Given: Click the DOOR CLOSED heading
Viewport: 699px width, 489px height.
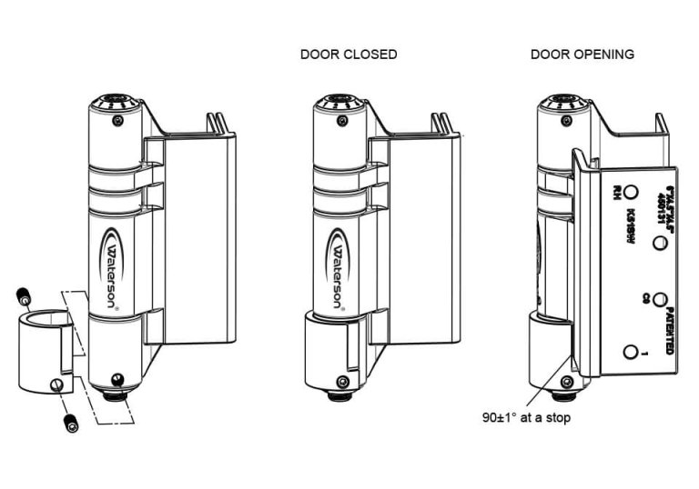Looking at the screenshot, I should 349,55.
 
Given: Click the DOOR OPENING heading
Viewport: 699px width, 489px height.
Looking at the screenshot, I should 582,55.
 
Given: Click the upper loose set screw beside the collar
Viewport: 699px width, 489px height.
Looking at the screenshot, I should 24,296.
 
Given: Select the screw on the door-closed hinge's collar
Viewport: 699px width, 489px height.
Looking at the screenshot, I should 342,381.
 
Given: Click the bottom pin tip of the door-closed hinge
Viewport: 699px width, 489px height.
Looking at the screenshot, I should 339,397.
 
